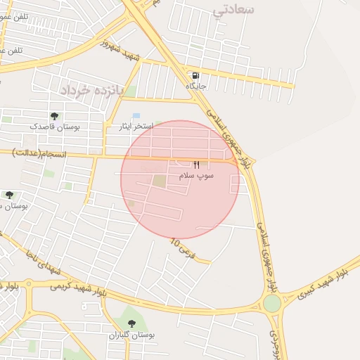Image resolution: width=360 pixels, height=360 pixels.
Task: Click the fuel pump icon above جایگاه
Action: (x=194, y=75)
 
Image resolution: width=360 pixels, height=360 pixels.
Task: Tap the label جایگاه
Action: (x=195, y=86)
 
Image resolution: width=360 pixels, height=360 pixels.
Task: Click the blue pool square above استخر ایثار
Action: (x=136, y=115)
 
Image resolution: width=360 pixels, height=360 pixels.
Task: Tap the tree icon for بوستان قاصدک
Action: (x=54, y=116)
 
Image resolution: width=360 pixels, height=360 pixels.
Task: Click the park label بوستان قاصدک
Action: (x=54, y=127)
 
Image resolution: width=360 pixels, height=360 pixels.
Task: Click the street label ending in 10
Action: (x=180, y=247)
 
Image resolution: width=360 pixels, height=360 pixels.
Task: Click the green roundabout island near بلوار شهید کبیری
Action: (x=272, y=303)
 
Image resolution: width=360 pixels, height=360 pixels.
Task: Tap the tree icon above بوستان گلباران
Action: (x=131, y=324)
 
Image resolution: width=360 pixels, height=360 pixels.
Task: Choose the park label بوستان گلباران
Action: (x=131, y=335)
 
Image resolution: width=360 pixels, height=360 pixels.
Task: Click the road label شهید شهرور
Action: (x=120, y=49)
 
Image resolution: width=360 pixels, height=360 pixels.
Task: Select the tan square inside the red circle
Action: (x=160, y=181)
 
